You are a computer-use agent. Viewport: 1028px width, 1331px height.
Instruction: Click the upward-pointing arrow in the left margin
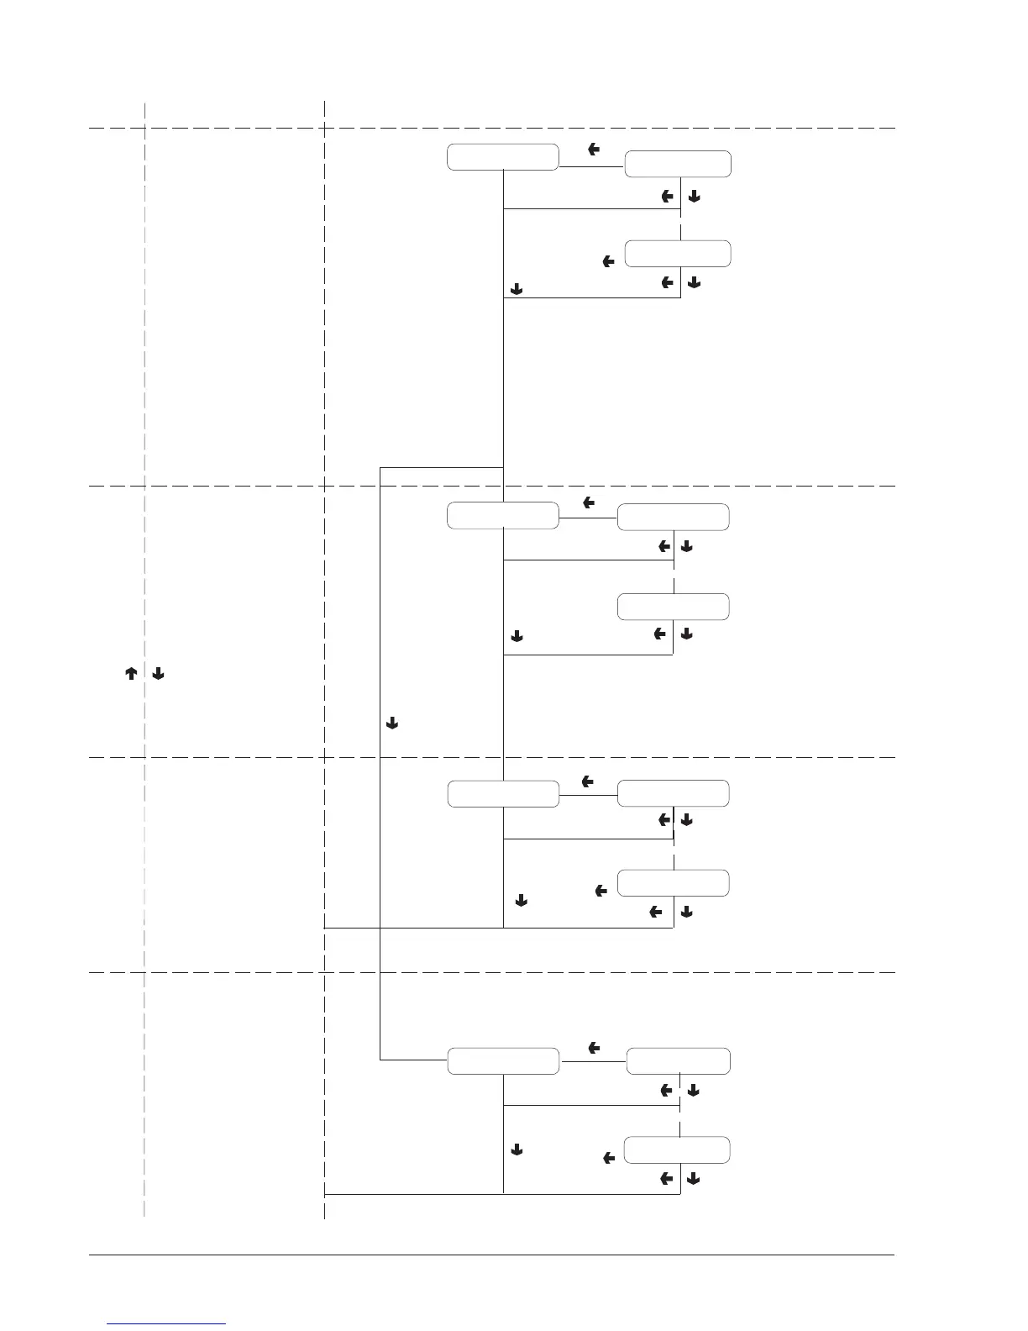[131, 674]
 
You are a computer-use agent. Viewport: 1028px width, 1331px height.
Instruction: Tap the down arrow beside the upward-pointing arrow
[159, 674]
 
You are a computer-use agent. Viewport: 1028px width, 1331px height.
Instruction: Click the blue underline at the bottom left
[167, 1323]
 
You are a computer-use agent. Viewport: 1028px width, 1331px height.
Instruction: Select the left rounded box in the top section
[503, 157]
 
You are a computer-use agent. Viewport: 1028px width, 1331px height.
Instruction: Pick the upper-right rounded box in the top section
[678, 165]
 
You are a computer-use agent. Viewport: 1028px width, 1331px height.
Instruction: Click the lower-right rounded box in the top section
[678, 254]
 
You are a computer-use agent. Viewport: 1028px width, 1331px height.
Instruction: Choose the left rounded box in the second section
[503, 515]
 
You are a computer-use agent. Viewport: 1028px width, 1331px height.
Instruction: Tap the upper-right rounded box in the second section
[674, 518]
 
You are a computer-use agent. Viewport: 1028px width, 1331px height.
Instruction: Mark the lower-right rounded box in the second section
[674, 607]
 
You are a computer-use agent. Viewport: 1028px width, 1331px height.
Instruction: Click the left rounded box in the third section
[503, 794]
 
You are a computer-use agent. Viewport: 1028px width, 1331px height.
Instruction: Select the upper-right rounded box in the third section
[674, 794]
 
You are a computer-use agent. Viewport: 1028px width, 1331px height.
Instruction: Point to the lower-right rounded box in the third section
[674, 883]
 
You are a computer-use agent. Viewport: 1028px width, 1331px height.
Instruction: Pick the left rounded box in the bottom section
[503, 1061]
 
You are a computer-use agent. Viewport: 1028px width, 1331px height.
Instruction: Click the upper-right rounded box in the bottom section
[679, 1061]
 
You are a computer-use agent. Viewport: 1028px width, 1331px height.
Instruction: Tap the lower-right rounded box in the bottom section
[678, 1150]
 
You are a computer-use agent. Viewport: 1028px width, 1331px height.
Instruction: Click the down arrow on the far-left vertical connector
[391, 723]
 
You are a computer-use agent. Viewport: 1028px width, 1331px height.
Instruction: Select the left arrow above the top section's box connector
[594, 150]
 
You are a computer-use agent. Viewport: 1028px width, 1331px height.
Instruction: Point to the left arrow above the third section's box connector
[588, 782]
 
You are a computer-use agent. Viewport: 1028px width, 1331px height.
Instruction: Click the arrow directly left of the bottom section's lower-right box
[609, 1159]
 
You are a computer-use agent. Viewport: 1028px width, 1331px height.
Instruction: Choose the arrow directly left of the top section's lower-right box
[609, 262]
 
